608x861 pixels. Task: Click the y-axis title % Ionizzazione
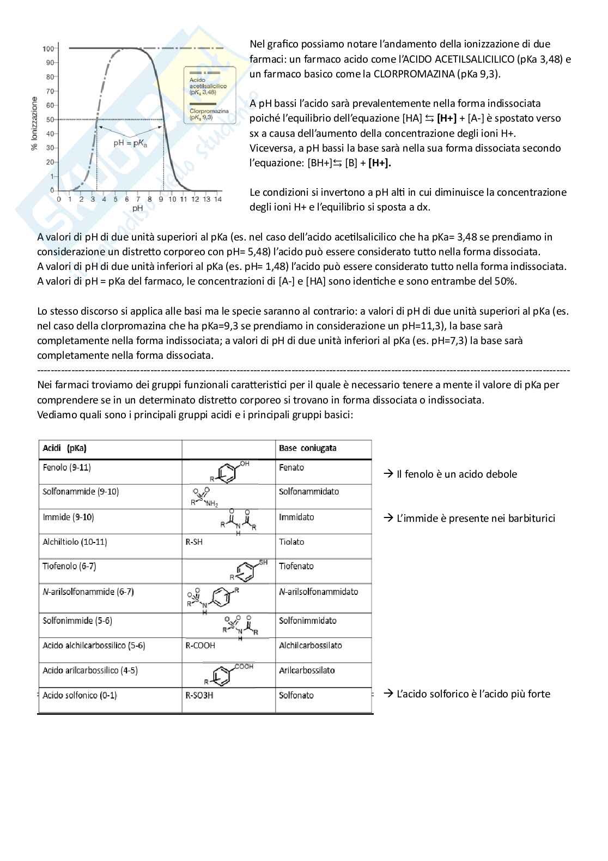pos(35,124)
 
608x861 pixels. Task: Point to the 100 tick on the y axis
pos(48,49)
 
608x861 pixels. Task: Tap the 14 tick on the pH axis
pos(217,200)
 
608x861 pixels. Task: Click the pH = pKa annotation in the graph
pos(131,143)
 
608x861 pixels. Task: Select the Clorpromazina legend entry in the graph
pos(209,114)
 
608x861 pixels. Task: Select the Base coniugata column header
pos(307,448)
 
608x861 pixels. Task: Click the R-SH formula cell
pos(194,542)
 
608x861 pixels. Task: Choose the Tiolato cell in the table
pos(291,542)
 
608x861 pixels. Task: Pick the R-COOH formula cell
pos(200,646)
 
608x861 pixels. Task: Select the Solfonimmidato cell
pos(307,621)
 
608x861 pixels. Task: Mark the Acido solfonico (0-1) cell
pos(80,695)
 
